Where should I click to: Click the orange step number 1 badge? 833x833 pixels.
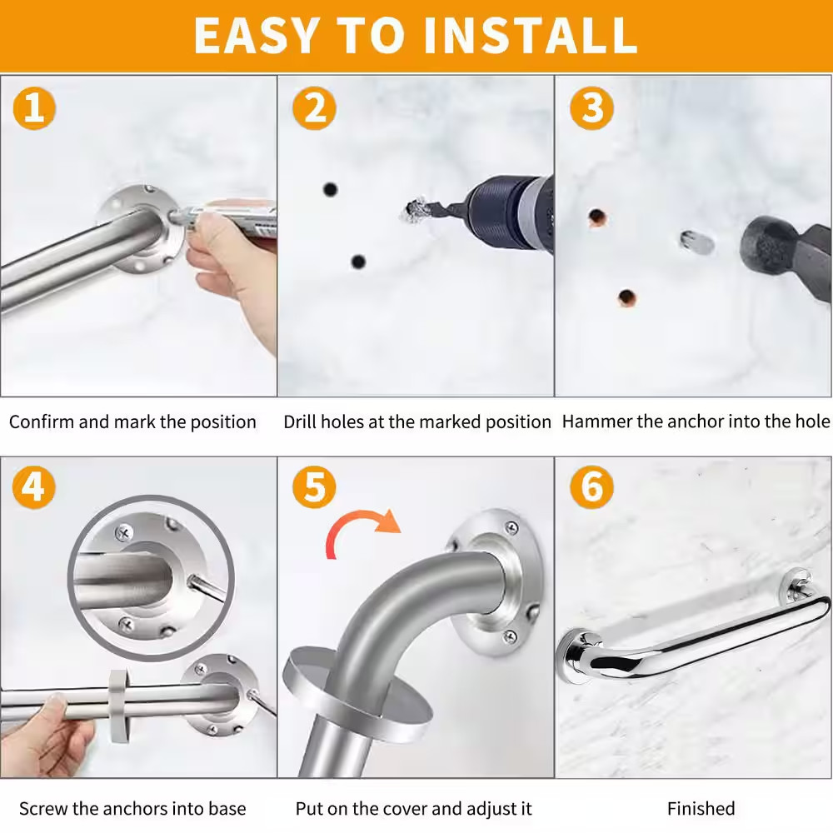click(34, 107)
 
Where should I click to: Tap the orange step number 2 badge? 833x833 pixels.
click(314, 107)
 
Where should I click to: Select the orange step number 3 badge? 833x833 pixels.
click(591, 107)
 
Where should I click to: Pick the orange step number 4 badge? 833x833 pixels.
click(34, 487)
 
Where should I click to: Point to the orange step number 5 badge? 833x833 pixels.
click(314, 487)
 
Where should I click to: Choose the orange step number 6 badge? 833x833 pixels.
click(591, 487)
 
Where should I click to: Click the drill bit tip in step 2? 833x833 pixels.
click(414, 210)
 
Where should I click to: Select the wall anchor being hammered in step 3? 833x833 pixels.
click(696, 242)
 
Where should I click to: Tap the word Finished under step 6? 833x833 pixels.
click(701, 808)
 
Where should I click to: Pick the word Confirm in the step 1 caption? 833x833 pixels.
click(42, 421)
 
